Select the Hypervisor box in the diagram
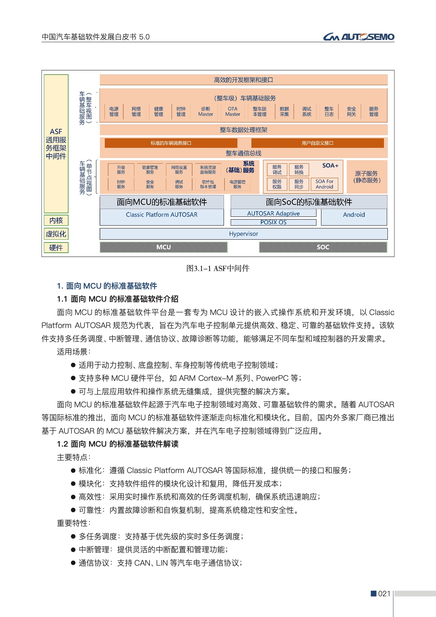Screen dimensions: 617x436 click(x=243, y=234)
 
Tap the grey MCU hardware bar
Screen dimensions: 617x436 click(x=163, y=247)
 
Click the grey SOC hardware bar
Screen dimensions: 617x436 click(x=323, y=247)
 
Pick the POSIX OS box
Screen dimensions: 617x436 click(x=273, y=222)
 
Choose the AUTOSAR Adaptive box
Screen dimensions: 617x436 click(x=273, y=213)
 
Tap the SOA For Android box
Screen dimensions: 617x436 click(x=324, y=184)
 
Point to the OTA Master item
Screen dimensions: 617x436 click(x=232, y=112)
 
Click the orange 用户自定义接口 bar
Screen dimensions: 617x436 click(x=317, y=143)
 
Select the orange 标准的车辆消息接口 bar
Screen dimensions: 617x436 click(x=171, y=143)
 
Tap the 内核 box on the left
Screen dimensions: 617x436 click(x=56, y=220)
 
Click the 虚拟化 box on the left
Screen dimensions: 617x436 click(x=56, y=234)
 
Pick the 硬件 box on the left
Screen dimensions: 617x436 click(x=56, y=248)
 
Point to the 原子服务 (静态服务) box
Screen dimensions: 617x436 click(x=367, y=177)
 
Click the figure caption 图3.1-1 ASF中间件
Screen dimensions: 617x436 click(x=218, y=268)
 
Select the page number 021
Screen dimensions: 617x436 click(x=384, y=593)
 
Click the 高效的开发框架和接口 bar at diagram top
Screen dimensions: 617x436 click(x=243, y=80)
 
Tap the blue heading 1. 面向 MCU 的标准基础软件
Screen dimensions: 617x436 click(x=107, y=286)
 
